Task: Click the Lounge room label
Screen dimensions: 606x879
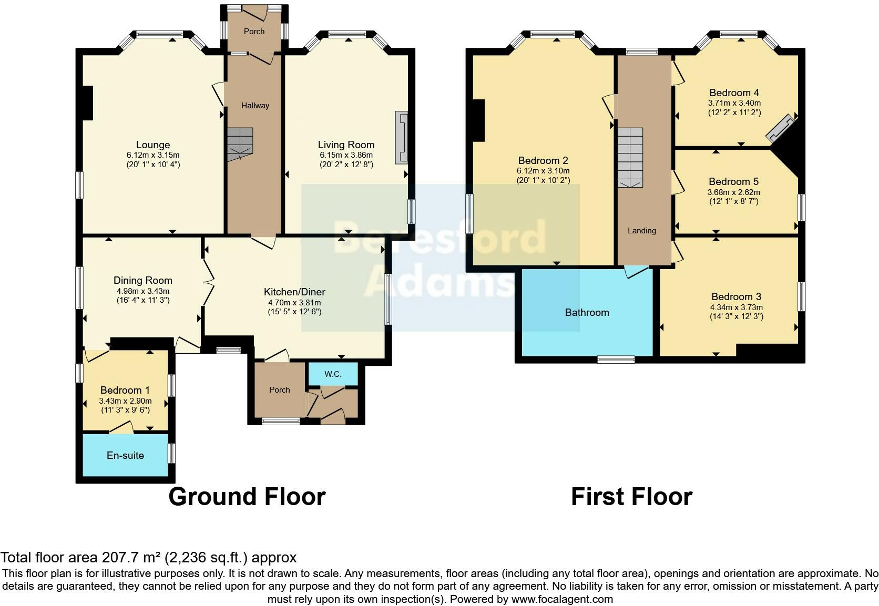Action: tap(153, 145)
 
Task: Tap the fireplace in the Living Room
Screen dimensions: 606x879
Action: tap(402, 138)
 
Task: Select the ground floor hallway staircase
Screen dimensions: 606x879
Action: tap(240, 143)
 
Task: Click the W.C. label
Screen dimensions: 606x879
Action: tap(333, 374)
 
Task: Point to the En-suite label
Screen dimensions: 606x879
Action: tap(125, 455)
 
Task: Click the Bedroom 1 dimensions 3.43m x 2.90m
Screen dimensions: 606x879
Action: tap(125, 400)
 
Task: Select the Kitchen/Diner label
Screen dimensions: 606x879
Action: tap(294, 292)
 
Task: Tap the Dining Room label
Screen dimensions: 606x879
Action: tap(143, 280)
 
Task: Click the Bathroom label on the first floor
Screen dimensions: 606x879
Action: tap(587, 312)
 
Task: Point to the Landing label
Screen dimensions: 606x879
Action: tap(641, 230)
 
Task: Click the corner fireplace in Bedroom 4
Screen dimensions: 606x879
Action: tap(781, 128)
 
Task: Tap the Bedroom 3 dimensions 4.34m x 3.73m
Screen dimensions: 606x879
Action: tap(736, 307)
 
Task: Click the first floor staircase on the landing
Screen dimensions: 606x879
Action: tap(630, 157)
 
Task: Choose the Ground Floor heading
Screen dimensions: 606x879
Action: tap(247, 496)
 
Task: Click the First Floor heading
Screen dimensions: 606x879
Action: tap(631, 496)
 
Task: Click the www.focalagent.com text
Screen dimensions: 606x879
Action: tap(561, 599)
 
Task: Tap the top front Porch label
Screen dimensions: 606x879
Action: tap(254, 32)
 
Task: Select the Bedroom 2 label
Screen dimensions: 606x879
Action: tap(543, 160)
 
